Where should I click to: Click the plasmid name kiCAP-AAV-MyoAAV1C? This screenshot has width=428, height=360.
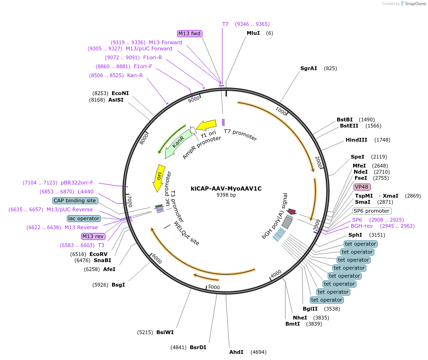[226, 188]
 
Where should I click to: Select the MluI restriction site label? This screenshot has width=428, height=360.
[253, 33]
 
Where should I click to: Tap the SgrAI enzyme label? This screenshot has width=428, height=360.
[309, 68]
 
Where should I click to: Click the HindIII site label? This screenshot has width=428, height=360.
[356, 140]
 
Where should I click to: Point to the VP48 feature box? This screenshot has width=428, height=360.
[362, 187]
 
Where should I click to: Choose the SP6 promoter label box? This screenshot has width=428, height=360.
[371, 211]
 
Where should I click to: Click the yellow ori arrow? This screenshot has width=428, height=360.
[159, 177]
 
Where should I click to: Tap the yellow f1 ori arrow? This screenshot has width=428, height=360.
[206, 126]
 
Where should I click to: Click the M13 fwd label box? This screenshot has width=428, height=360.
[189, 33]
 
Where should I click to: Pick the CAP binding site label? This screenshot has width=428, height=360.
[75, 200]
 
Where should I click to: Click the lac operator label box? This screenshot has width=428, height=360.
[84, 218]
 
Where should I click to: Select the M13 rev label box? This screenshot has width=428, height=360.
[93, 236]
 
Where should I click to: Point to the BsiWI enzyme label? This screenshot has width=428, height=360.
[165, 332]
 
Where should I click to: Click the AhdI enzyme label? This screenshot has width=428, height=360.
[236, 352]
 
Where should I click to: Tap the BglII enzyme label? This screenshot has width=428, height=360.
[310, 309]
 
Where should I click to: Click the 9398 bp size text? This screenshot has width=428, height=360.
[226, 195]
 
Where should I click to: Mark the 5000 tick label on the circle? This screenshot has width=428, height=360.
[214, 287]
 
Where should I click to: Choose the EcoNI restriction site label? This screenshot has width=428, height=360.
[120, 93]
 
